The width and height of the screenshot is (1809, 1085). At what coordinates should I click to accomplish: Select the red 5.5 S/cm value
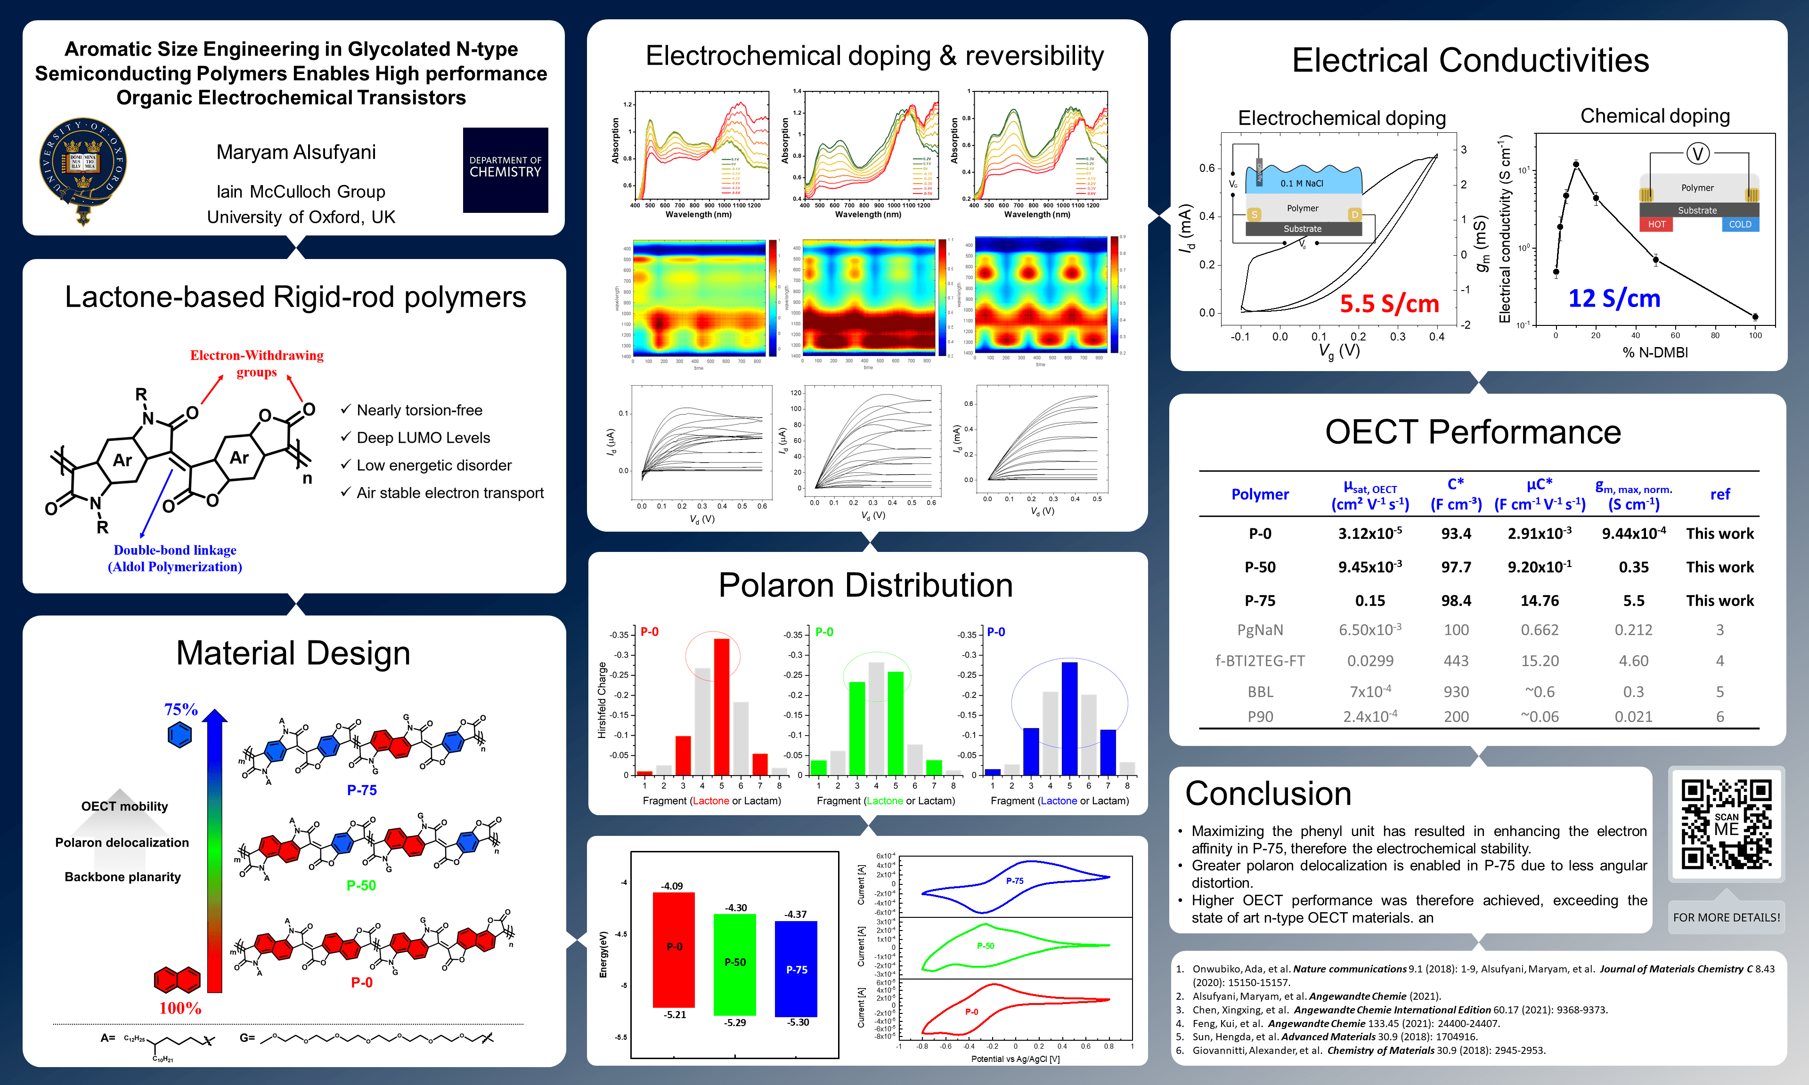coord(1389,303)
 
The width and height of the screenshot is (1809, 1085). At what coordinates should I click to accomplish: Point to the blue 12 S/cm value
coord(1614,298)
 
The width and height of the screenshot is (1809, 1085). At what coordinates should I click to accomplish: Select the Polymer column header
coord(1260,494)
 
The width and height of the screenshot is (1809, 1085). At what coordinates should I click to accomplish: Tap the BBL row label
coord(1260,692)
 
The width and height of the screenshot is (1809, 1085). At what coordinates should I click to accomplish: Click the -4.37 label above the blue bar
coord(796,915)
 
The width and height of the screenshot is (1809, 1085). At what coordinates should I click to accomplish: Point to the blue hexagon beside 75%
coord(179,734)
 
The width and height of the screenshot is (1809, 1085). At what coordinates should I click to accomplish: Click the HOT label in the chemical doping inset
coord(1656,225)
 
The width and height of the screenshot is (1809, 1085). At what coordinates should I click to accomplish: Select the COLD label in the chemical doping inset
coord(1740,225)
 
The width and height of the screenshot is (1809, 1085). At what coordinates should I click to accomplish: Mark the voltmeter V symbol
coord(1697,154)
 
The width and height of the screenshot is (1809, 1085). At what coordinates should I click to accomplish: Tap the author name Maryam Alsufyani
coord(296,152)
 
